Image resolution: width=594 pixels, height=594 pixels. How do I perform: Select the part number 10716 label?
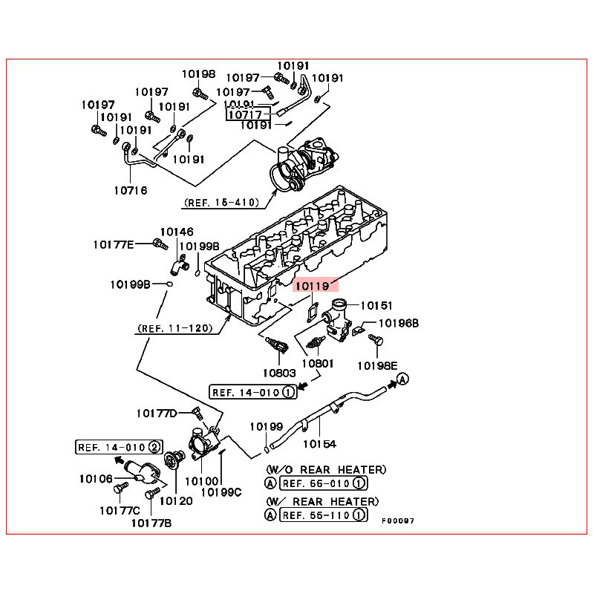[x=131, y=190]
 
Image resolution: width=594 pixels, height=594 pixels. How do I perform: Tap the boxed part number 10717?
[x=244, y=115]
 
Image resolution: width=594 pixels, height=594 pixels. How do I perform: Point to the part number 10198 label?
[x=198, y=74]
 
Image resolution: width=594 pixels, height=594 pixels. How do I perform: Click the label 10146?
[x=176, y=232]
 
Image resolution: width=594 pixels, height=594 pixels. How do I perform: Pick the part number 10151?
[x=376, y=305]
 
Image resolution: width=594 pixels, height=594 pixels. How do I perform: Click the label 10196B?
[x=399, y=324]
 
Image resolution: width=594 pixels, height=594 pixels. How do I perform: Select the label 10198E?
[x=378, y=365]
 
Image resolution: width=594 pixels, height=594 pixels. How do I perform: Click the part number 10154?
[x=319, y=444]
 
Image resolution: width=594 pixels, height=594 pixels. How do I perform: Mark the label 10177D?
[x=157, y=413]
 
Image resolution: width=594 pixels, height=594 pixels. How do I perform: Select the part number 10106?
[x=95, y=479]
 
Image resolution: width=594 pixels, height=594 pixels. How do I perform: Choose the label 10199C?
[x=222, y=492]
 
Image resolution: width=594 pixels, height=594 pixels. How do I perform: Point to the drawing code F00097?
[x=398, y=520]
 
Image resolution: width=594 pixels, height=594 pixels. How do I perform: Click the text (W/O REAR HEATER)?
[x=326, y=470]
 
